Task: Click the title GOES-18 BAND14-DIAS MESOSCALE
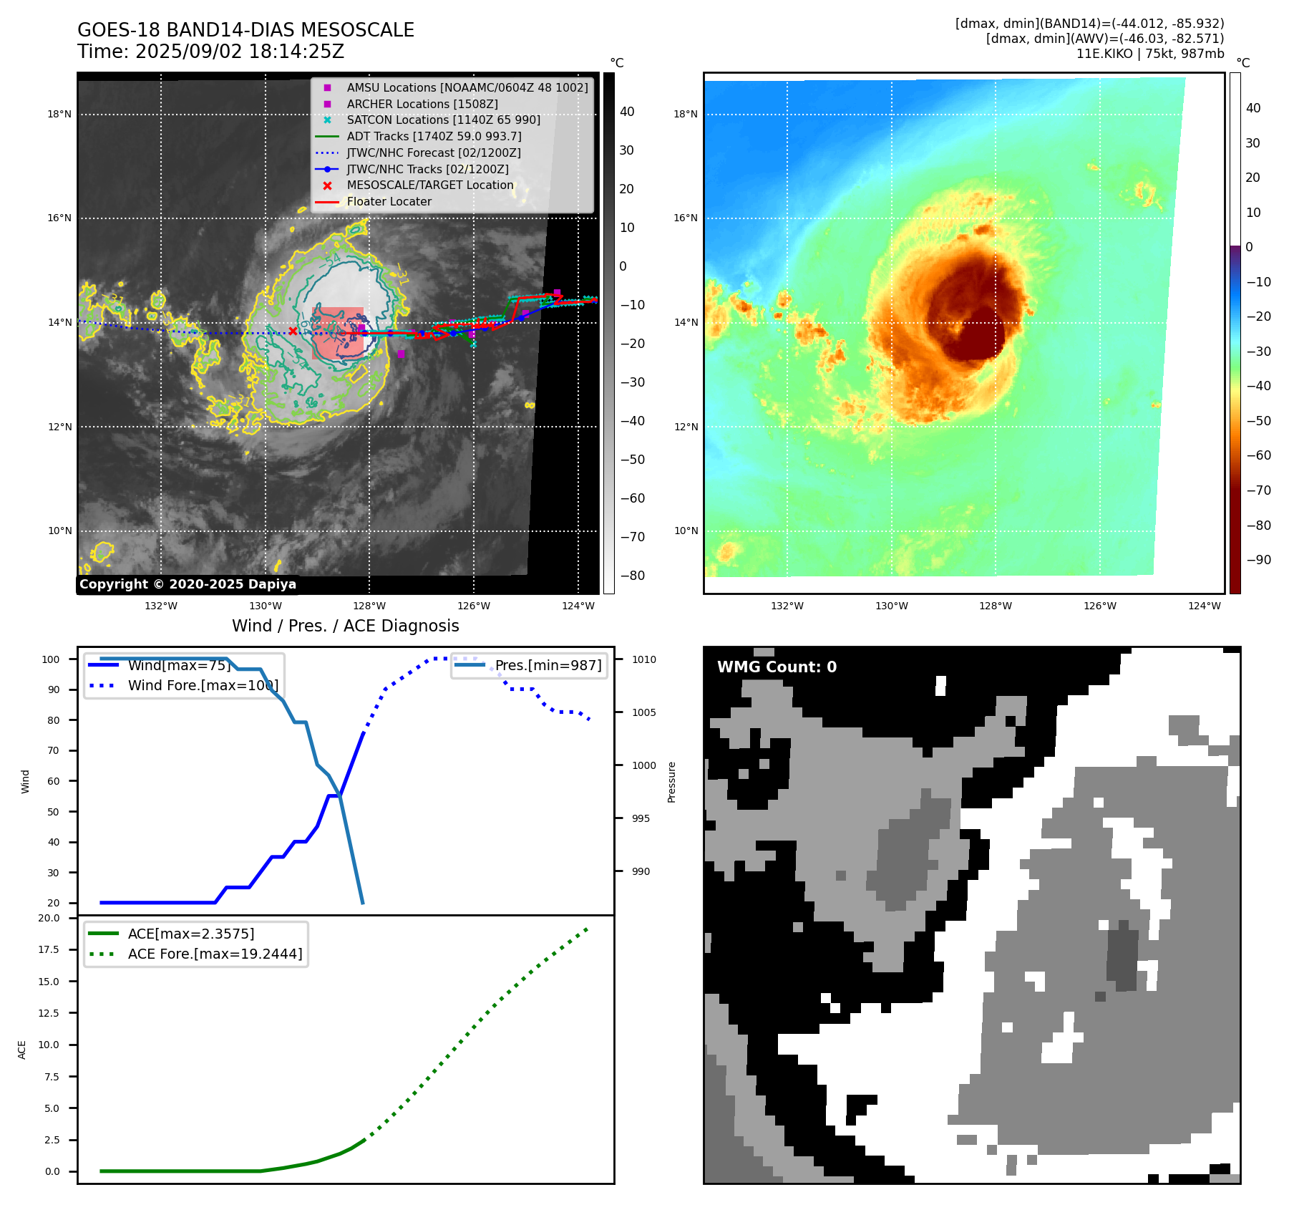[245, 30]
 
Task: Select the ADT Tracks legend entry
[434, 136]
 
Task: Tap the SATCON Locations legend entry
[443, 120]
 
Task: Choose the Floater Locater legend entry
[389, 202]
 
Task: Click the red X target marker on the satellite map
[293, 331]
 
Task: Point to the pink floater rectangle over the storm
[338, 334]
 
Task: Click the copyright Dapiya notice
[188, 584]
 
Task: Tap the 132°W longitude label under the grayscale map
[161, 606]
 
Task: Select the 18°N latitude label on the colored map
[685, 114]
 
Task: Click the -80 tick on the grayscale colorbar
[632, 576]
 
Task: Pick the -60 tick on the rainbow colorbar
[1258, 455]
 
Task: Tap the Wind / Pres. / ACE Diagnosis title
[345, 626]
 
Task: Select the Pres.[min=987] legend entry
[548, 665]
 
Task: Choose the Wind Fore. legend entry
[203, 685]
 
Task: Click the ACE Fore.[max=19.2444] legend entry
[215, 954]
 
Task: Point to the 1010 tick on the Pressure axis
[643, 659]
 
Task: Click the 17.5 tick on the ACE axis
[49, 949]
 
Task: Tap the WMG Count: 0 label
[777, 667]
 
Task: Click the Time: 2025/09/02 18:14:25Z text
[210, 52]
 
